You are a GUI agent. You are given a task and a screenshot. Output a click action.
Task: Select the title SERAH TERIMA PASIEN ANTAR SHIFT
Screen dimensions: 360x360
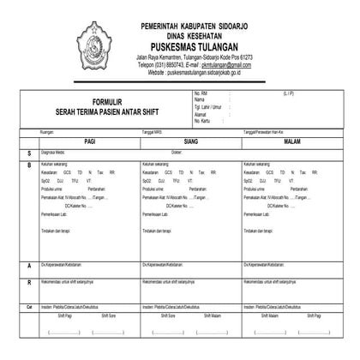click(x=112, y=111)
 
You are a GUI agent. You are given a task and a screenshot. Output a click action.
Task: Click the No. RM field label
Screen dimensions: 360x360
click(x=203, y=93)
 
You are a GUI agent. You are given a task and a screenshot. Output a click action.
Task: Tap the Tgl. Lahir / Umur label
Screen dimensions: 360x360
click(x=210, y=105)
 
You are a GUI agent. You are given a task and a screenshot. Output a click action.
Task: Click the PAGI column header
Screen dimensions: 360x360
click(x=90, y=139)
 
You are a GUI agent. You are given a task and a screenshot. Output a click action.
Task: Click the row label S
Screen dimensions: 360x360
click(x=28, y=152)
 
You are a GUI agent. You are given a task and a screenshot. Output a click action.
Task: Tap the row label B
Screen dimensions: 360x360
click(x=28, y=164)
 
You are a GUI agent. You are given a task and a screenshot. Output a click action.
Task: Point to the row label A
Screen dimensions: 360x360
click(x=28, y=265)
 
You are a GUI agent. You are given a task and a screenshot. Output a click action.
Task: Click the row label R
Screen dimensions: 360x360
click(x=28, y=281)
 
